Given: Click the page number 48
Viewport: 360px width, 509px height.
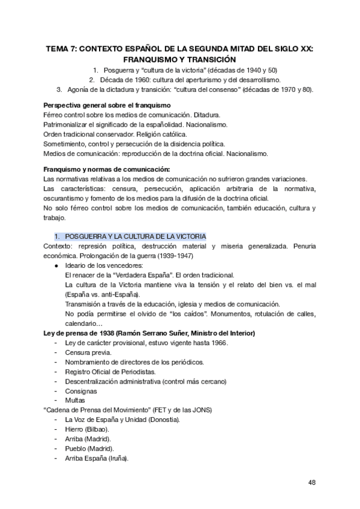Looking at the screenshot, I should coord(312,482).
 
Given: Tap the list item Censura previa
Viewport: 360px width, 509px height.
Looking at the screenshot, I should coord(88,352).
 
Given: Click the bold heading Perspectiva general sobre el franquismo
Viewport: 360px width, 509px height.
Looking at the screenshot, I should coord(107,105).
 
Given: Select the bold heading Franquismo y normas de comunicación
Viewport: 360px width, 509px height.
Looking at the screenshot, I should coord(107,169).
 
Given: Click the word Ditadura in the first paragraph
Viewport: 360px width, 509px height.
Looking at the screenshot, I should coord(205,114).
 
